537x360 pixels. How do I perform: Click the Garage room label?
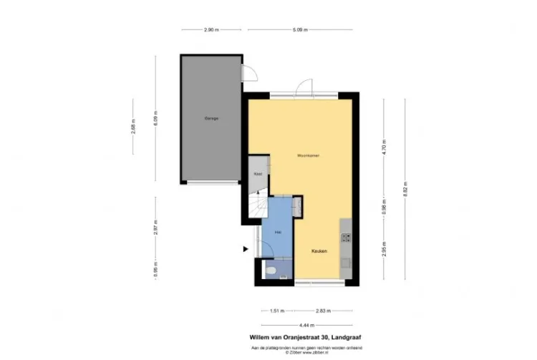coord(211,118)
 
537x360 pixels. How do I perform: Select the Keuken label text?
coord(319,250)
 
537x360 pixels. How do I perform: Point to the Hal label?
coord(276,230)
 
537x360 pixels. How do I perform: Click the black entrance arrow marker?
coord(246,249)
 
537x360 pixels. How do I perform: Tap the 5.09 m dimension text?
coord(300,29)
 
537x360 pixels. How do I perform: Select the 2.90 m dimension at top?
coord(211,29)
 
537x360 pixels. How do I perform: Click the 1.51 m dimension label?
coord(276,311)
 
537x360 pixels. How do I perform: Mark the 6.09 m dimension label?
coord(154,119)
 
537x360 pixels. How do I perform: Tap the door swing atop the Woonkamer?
coord(305,87)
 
